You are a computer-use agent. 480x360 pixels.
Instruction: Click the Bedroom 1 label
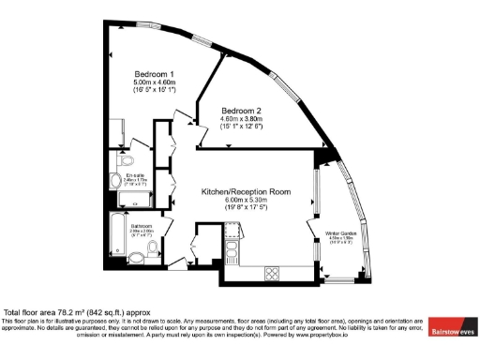point(153,74)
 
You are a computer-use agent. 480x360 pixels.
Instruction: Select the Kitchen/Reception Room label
point(247,191)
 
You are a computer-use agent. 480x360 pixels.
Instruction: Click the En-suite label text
point(135,174)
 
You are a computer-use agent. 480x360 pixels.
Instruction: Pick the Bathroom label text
point(142,225)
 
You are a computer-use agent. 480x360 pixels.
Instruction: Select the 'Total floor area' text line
point(78,312)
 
